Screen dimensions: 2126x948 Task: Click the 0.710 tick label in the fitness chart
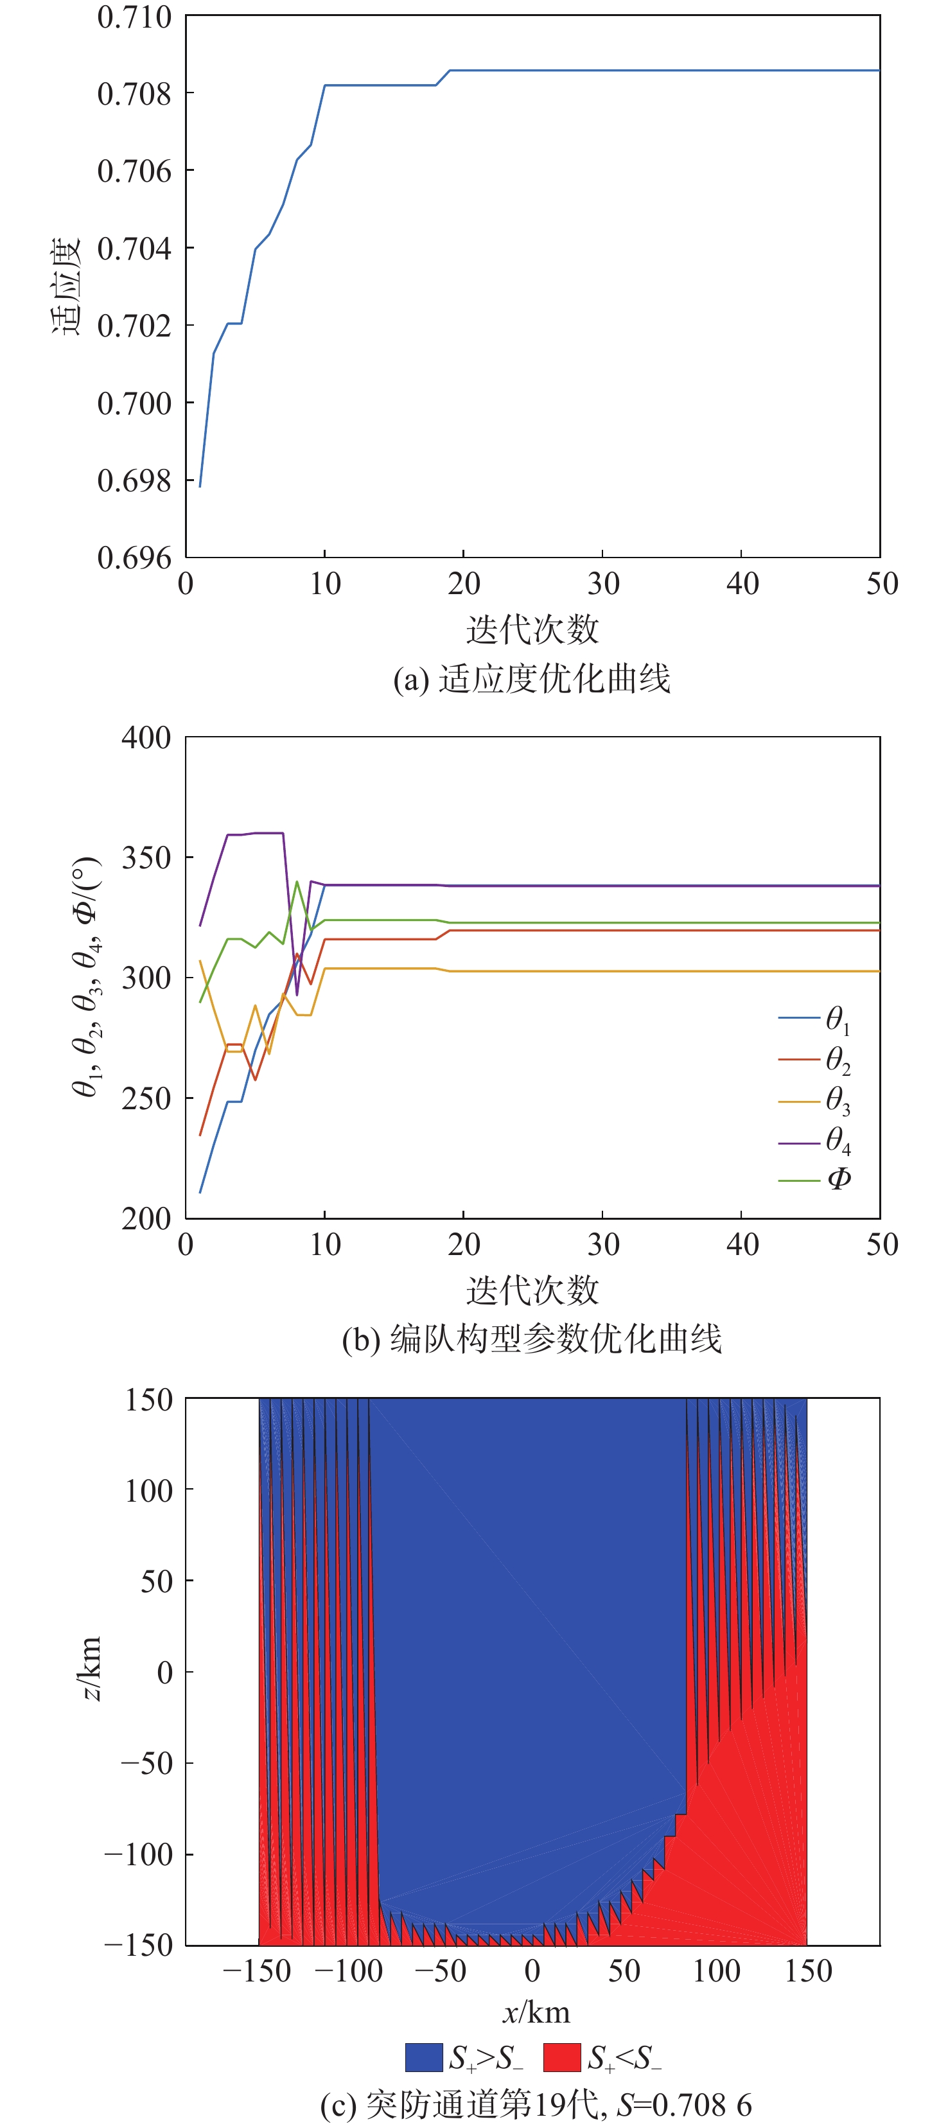[x=134, y=17]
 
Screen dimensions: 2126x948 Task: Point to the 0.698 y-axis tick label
[x=134, y=480]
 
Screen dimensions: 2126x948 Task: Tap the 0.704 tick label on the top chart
[x=134, y=247]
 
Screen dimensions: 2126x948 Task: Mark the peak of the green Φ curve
[x=297, y=881]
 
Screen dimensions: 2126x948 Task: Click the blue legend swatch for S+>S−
[x=424, y=2057]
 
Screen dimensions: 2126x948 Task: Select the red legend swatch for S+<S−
[x=562, y=2057]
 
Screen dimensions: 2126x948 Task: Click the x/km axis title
[x=536, y=2012]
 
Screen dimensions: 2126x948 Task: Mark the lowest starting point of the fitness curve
[x=200, y=486]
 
